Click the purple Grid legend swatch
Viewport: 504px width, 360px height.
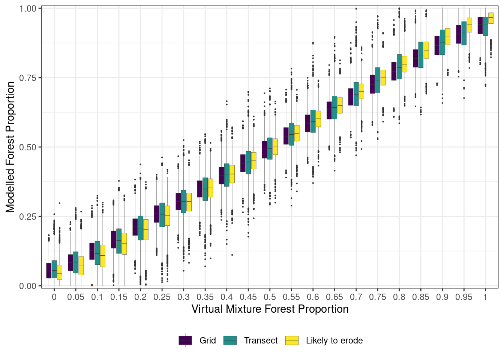pyautogui.click(x=185, y=340)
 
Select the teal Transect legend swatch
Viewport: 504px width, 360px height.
pyautogui.click(x=230, y=340)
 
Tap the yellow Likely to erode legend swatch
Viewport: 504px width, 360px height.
pyautogui.click(x=292, y=340)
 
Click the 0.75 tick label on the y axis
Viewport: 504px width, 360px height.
pyautogui.click(x=28, y=78)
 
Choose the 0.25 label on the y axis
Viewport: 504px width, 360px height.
pyautogui.click(x=28, y=216)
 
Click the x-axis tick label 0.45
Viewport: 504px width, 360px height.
pyautogui.click(x=248, y=297)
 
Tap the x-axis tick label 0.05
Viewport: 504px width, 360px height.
pyautogui.click(x=76, y=297)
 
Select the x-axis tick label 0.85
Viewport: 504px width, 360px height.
pyautogui.click(x=421, y=297)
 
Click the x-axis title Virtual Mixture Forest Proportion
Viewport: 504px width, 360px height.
pyautogui.click(x=270, y=309)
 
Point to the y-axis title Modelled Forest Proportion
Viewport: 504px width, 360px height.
pyautogui.click(x=10, y=147)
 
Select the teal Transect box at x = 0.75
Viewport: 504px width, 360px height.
pyautogui.click(x=378, y=80)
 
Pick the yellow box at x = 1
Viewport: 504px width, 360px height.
pyautogui.click(x=490, y=18)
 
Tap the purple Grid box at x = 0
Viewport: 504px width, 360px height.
pyautogui.click(x=49, y=271)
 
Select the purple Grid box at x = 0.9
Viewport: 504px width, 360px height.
pyautogui.click(x=437, y=45)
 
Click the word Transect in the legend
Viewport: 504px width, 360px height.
pyautogui.click(x=261, y=340)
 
